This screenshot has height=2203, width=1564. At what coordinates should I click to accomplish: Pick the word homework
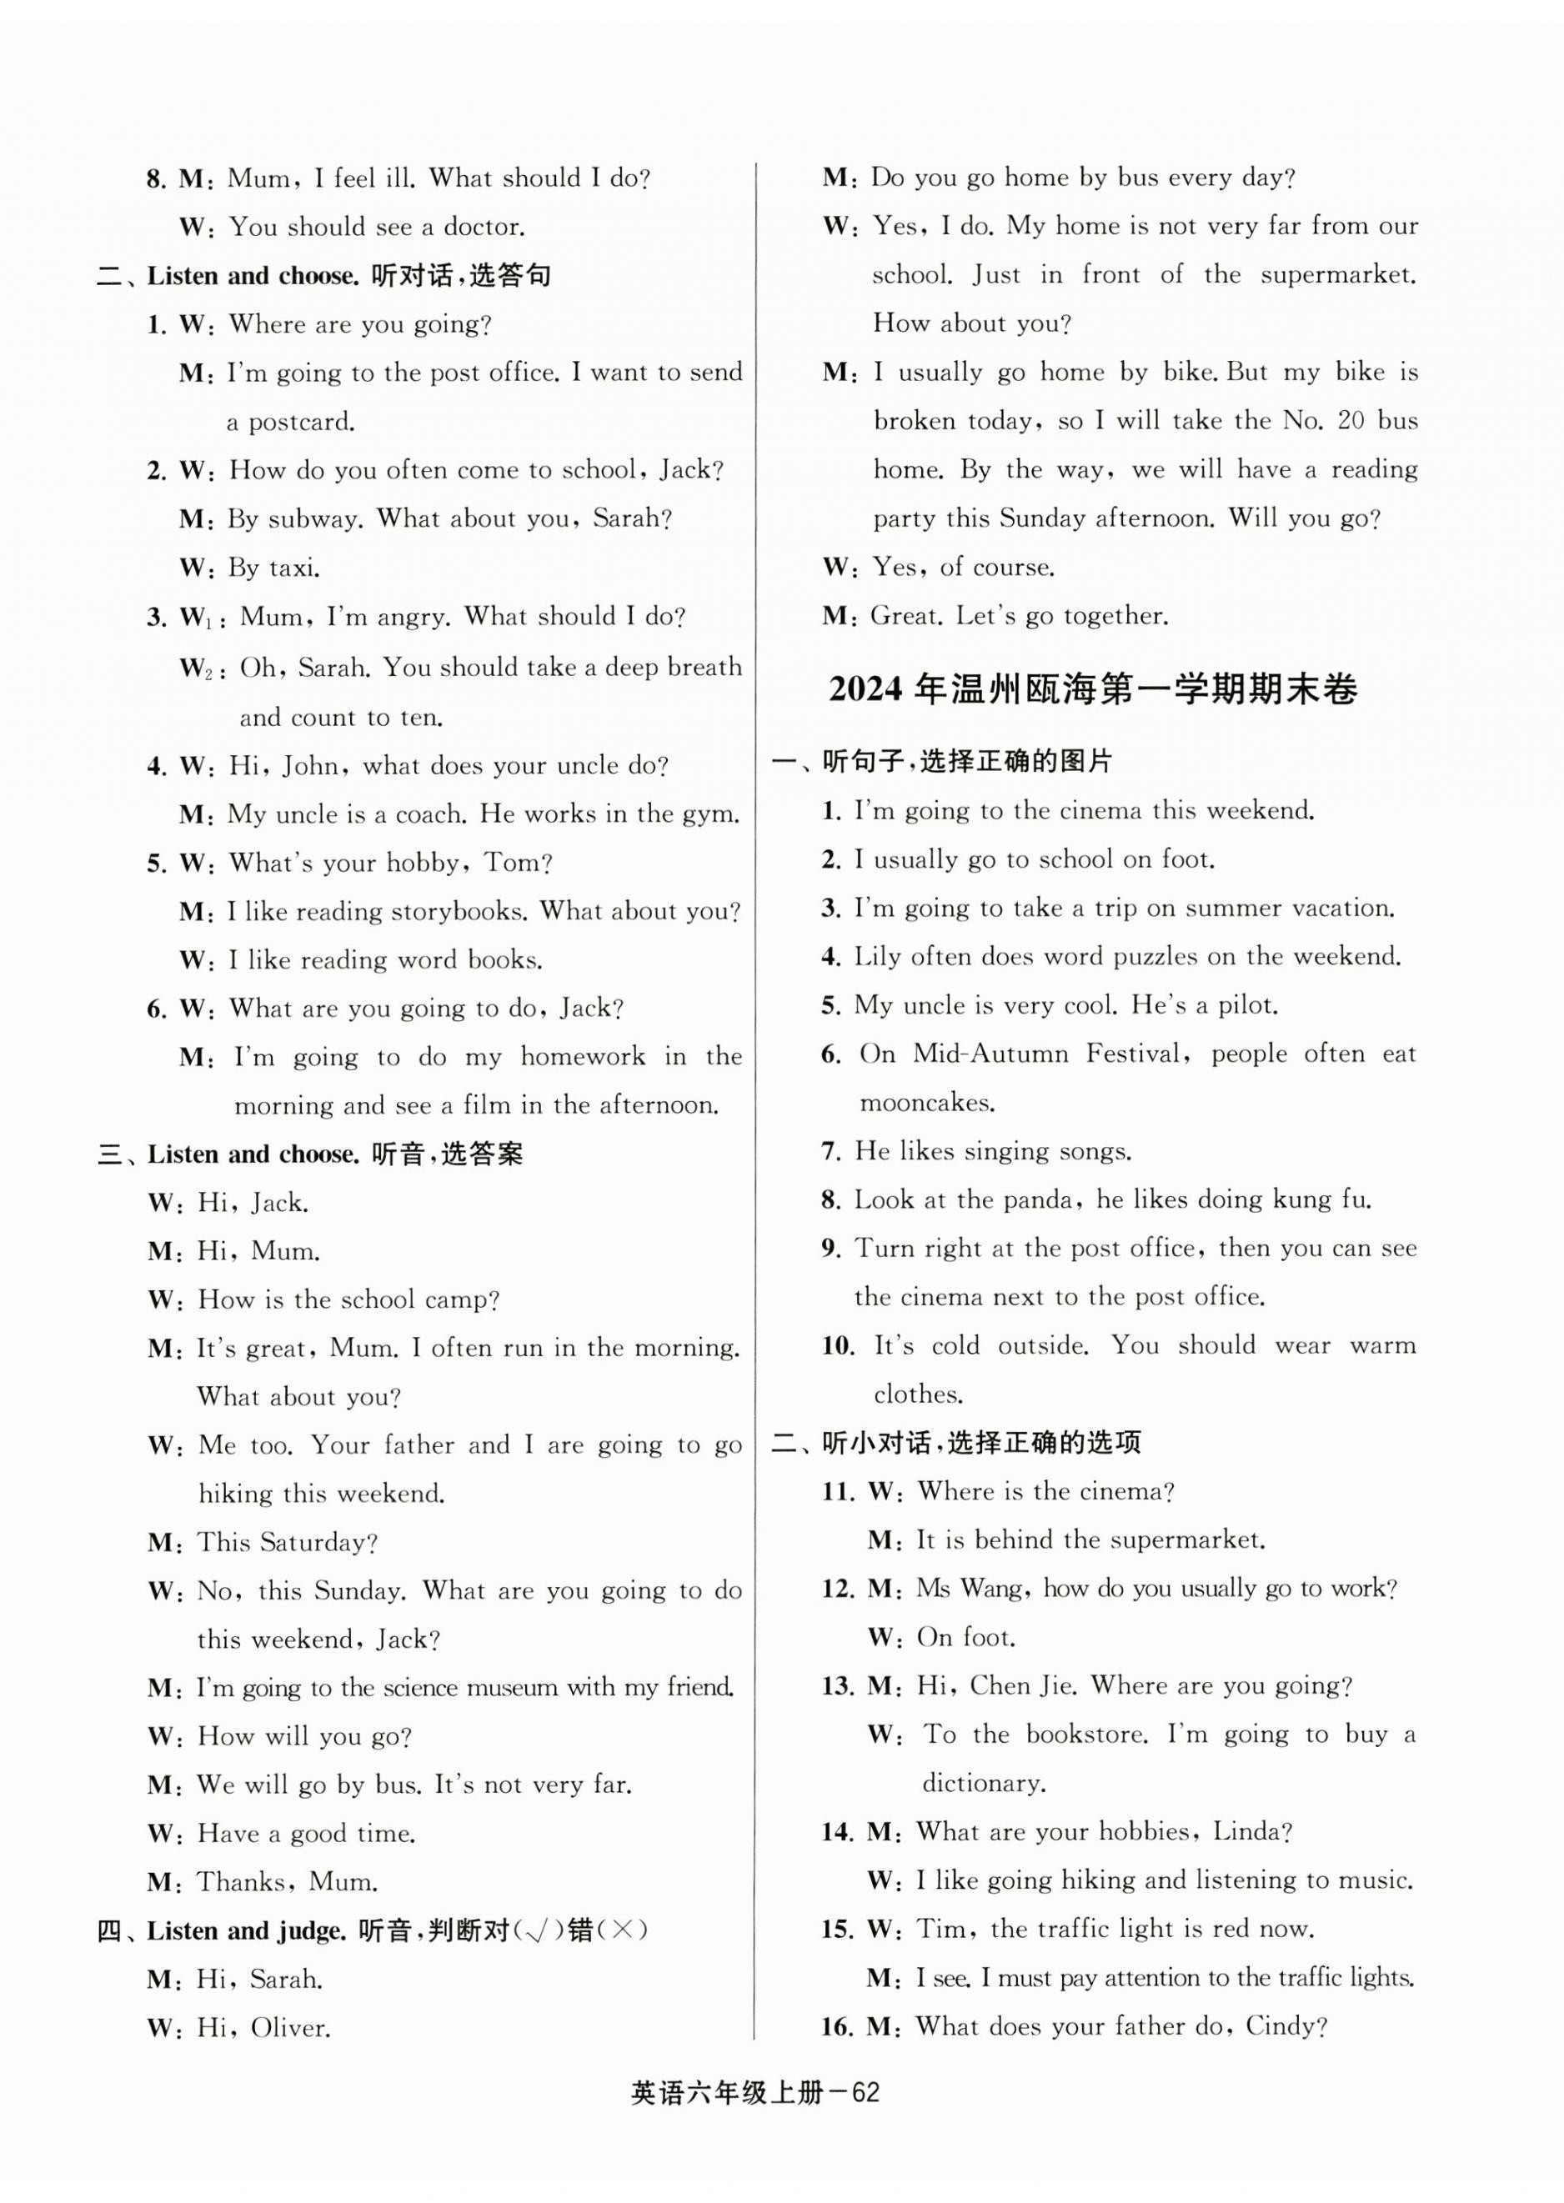tap(583, 1057)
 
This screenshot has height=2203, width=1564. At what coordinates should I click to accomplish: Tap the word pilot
tap(1247, 1005)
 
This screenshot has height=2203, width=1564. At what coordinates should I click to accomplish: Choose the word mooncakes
tap(925, 1104)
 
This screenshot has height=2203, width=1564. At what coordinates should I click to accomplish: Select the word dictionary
tap(983, 1783)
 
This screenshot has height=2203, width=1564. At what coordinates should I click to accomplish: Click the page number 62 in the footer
tap(865, 2093)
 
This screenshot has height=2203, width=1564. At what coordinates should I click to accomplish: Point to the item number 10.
tap(838, 1346)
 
